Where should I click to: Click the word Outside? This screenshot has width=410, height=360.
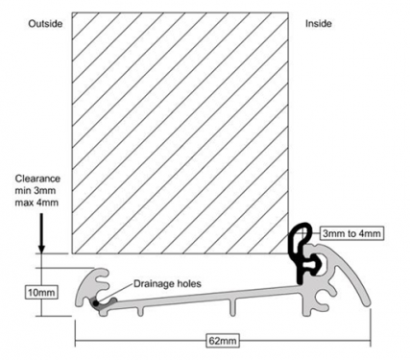pyautogui.click(x=45, y=24)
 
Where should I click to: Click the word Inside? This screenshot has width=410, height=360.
pyautogui.click(x=319, y=24)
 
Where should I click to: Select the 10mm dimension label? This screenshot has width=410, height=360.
pyautogui.click(x=42, y=293)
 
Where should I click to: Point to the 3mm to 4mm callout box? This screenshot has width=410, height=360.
pyautogui.click(x=351, y=233)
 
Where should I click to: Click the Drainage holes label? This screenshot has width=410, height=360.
pyautogui.click(x=167, y=284)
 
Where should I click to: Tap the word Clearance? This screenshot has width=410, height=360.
pyautogui.click(x=37, y=179)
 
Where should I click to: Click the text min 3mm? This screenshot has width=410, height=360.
pyautogui.click(x=36, y=191)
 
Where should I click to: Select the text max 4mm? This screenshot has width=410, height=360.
pyautogui.click(x=36, y=203)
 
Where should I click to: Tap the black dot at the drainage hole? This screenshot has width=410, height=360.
pyautogui.click(x=96, y=302)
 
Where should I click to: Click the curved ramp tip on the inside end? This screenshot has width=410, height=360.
pyautogui.click(x=367, y=303)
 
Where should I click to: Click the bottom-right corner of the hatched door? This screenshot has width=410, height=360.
pyautogui.click(x=288, y=253)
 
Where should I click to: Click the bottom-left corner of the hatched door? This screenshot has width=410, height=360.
pyautogui.click(x=72, y=253)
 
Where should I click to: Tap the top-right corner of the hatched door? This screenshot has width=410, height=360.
pyautogui.click(x=288, y=12)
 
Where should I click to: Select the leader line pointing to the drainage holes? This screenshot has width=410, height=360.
pyautogui.click(x=114, y=293)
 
